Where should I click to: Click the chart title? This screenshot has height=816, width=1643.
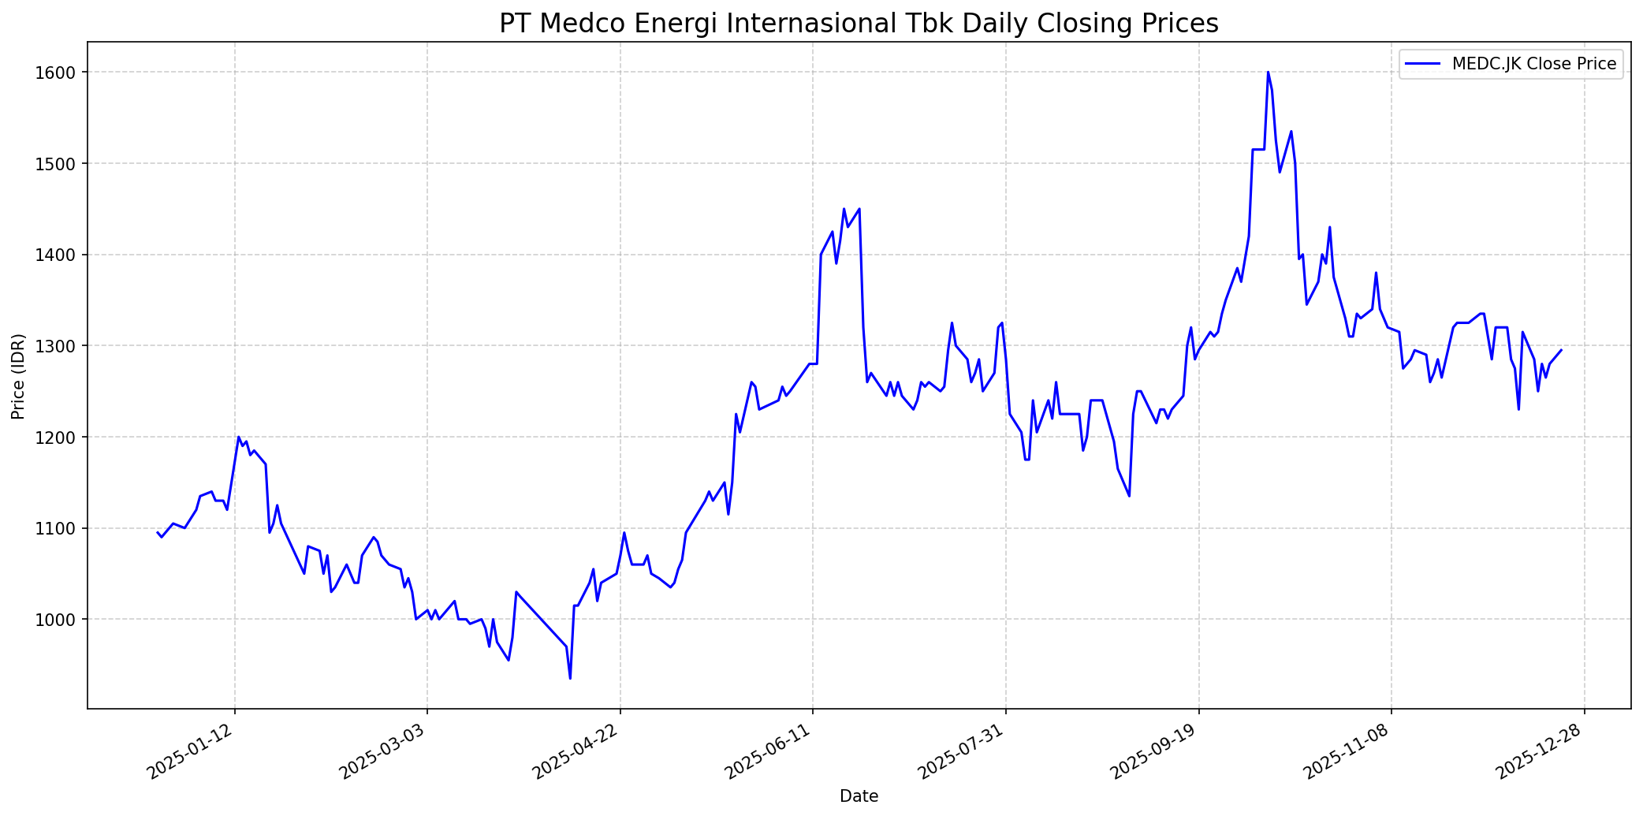tap(859, 24)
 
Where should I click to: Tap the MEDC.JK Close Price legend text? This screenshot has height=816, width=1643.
tap(1534, 64)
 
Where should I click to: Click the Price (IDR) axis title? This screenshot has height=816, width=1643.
tap(18, 376)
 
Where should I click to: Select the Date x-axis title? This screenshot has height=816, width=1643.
tap(859, 796)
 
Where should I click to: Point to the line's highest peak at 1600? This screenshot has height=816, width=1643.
tap(1268, 73)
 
